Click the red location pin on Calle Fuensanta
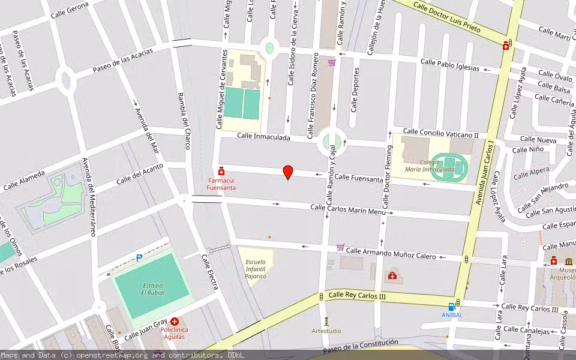[288, 172]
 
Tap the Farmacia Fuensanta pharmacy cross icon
[221, 171]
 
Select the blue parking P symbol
[139, 258]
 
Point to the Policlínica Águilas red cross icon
[175, 322]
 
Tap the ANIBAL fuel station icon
[452, 307]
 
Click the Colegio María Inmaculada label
[429, 165]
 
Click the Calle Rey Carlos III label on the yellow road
[356, 296]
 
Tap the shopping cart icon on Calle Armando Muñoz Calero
[341, 247]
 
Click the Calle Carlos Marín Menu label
[348, 209]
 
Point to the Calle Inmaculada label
[263, 137]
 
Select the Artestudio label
[326, 331]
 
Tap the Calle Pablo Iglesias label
[450, 64]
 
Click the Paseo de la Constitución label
[360, 346]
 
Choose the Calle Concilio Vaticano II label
[440, 133]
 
